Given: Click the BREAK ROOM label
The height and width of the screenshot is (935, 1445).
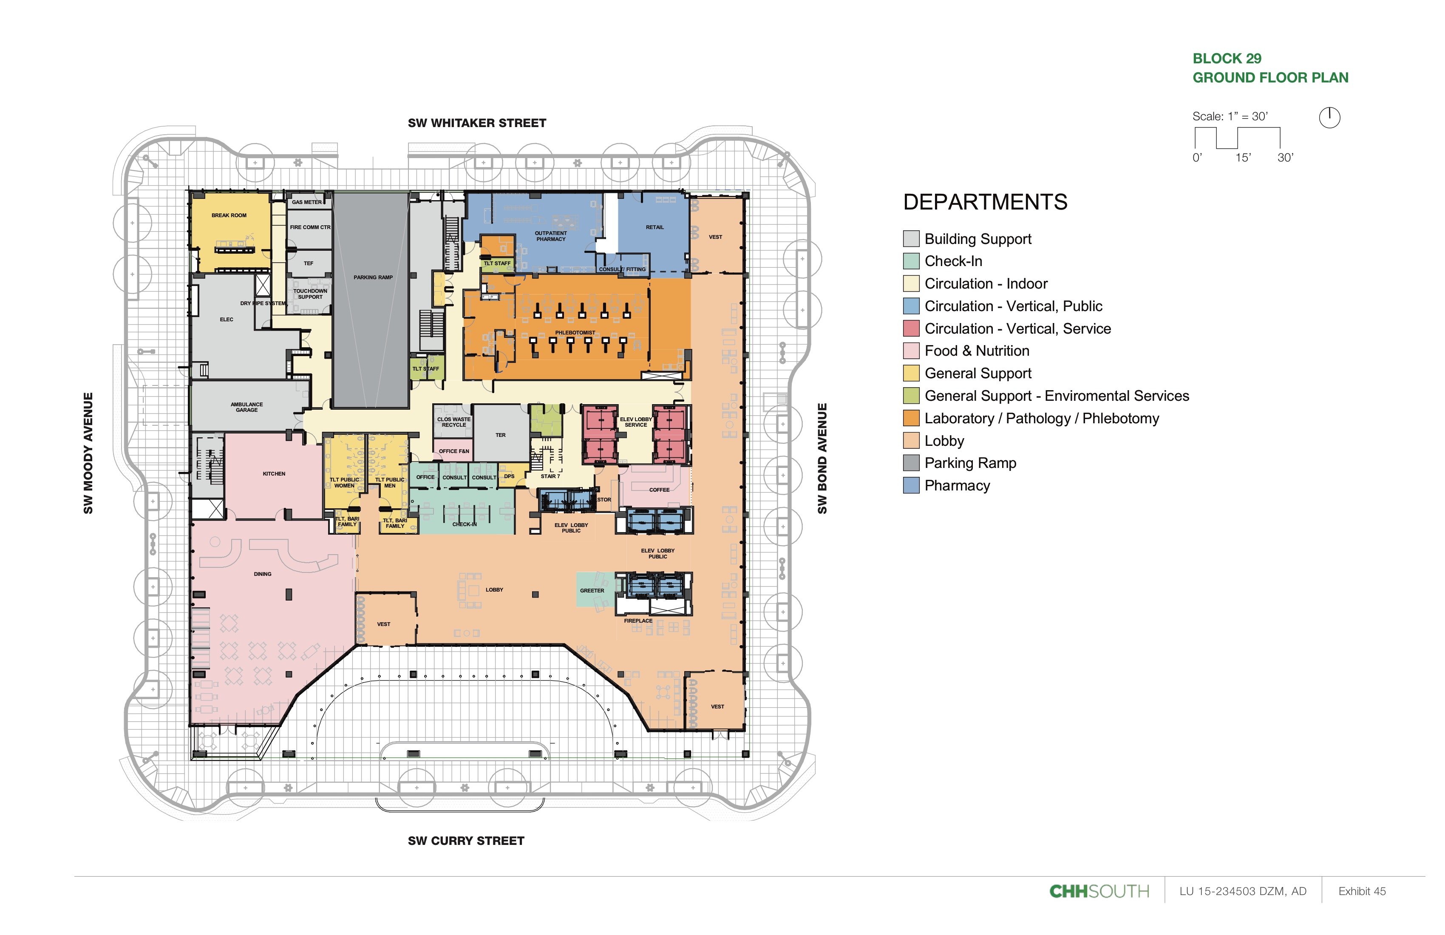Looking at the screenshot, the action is tap(229, 215).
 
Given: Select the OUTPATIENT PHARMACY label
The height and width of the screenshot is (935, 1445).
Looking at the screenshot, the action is tap(551, 236).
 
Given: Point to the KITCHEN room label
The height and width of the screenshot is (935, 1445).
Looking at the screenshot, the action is tap(274, 473).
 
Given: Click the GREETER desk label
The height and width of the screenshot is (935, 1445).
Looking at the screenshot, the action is tap(592, 590).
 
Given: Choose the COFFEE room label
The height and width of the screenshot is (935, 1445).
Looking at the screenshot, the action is tap(659, 490).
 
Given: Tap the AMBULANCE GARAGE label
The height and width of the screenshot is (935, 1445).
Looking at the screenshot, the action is tap(246, 407).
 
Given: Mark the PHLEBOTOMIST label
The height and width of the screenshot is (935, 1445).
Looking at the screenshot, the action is tap(575, 333).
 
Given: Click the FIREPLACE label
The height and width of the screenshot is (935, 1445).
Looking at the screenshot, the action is tap(638, 620).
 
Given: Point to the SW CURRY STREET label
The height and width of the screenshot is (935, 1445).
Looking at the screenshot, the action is tap(466, 841).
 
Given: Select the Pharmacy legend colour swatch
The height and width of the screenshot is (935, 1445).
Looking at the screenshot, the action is tap(911, 486).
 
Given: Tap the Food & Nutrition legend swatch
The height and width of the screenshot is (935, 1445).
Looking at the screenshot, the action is tap(911, 351).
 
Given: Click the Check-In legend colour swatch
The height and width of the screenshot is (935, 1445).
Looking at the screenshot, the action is tap(911, 261).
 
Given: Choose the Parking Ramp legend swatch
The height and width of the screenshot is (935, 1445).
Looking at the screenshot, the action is tap(911, 463).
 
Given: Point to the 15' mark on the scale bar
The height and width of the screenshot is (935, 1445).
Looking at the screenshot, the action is tap(1243, 158).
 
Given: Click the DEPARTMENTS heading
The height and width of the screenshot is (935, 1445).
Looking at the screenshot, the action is tap(985, 202).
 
